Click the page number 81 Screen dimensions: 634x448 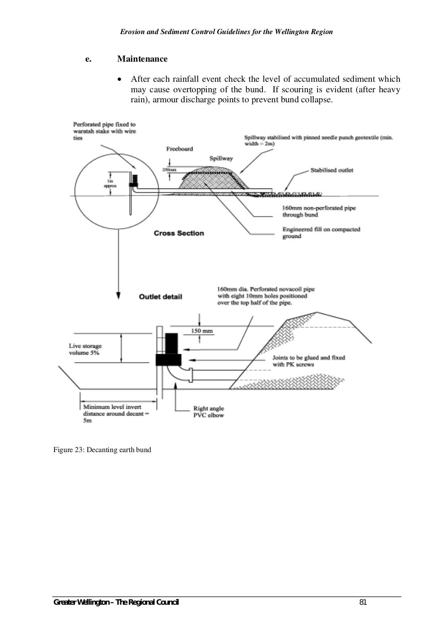(363, 603)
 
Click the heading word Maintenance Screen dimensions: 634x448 (142, 59)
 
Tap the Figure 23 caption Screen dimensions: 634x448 (102, 450)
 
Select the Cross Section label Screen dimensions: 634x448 (178, 233)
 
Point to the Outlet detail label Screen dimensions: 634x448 (160, 297)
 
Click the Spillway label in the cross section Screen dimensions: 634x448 (221, 158)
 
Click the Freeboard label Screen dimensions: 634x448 (179, 149)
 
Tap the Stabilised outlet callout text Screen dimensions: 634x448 (332, 170)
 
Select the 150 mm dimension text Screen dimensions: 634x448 (202, 331)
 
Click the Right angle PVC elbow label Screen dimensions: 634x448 (208, 412)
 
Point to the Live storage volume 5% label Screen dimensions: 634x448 (85, 349)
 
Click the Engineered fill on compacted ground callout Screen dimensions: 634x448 (321, 233)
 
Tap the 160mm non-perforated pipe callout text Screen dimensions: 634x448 (318, 211)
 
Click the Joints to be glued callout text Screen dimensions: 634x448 (308, 361)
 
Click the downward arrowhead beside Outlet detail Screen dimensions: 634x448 (118, 296)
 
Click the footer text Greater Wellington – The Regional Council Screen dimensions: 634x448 (116, 603)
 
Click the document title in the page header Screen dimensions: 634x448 (226, 32)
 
